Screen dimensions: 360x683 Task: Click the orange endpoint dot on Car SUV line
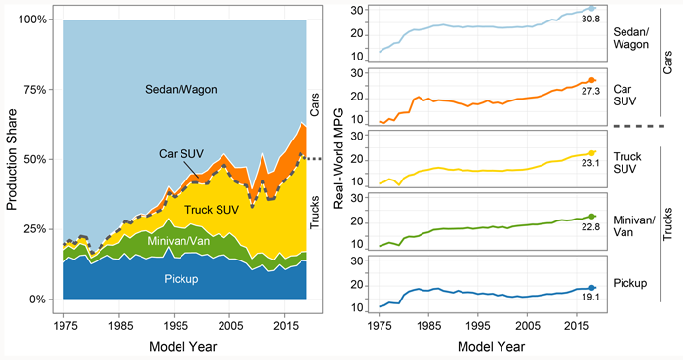(592, 80)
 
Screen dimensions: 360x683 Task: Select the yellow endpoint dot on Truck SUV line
(592, 153)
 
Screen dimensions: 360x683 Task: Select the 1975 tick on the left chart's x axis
(66, 321)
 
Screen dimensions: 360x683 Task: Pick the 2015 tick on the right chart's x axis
(576, 321)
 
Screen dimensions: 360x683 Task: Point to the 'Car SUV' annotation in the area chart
(182, 153)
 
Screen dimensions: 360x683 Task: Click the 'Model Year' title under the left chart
(185, 346)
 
